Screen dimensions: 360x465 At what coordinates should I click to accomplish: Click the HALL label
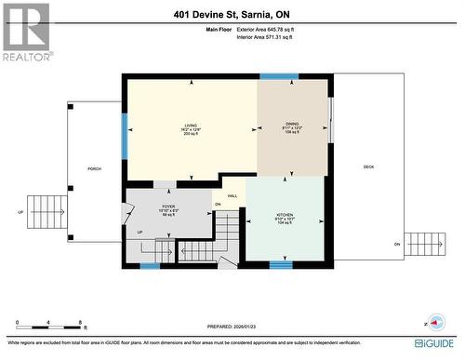(232, 195)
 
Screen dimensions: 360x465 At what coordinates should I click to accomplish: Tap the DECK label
(368, 167)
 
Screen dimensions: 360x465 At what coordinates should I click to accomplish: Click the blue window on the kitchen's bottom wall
(281, 265)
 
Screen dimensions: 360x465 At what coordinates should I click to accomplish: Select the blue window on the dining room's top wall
(279, 76)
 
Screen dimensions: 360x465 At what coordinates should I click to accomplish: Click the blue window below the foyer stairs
(150, 266)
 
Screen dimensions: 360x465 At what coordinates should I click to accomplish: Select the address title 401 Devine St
(232, 14)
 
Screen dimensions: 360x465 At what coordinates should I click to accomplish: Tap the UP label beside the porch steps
(21, 212)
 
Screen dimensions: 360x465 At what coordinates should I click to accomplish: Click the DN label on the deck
(396, 244)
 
